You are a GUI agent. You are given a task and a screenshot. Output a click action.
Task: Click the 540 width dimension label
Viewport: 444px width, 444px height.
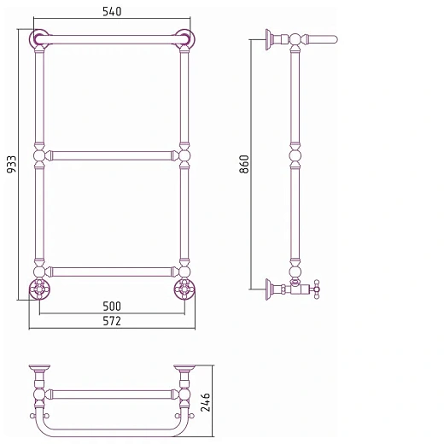[x=112, y=11]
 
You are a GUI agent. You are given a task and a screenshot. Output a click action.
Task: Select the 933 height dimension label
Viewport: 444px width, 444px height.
[x=12, y=164]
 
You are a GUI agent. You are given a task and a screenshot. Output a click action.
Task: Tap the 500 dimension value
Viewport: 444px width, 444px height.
[x=112, y=307]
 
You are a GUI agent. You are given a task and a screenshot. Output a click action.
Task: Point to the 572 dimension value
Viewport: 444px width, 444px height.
[x=112, y=321]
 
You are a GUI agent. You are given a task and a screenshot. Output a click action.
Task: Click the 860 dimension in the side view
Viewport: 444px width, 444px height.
[x=244, y=164]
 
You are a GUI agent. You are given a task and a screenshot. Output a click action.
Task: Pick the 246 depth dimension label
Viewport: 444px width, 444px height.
[x=206, y=402]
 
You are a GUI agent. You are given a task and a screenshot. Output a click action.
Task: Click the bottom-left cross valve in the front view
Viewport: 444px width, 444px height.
[x=39, y=289]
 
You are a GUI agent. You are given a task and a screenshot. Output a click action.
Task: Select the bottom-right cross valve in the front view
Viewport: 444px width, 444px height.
[x=184, y=289]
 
